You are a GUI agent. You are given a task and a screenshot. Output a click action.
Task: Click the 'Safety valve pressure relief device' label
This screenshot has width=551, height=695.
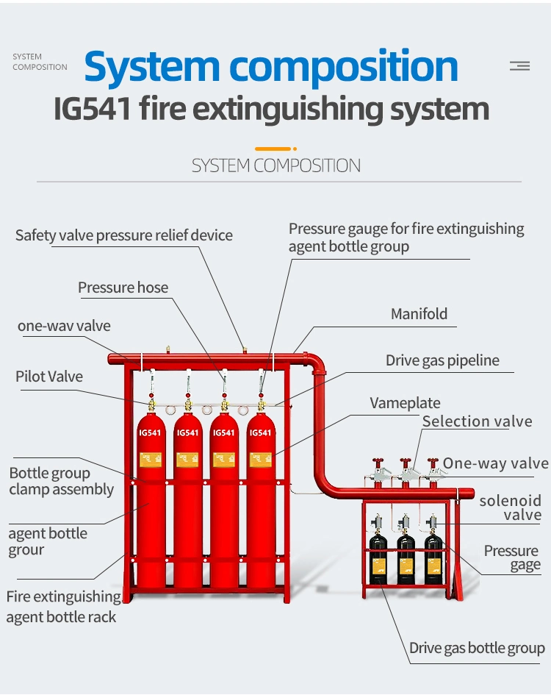[124, 235]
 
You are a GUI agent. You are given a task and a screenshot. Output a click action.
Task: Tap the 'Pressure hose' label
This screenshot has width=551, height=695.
[123, 288]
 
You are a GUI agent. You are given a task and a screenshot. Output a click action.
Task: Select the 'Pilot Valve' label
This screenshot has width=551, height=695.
[49, 377]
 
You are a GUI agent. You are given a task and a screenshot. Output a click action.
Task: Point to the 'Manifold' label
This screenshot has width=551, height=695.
[419, 314]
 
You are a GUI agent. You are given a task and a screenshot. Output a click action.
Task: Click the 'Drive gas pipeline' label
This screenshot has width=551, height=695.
[442, 360]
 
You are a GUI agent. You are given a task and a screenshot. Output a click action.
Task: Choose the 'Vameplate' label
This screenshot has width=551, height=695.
[405, 403]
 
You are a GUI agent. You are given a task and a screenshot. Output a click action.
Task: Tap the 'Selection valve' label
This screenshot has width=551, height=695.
[477, 421]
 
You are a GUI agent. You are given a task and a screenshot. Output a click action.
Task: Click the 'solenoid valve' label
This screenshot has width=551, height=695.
[510, 507]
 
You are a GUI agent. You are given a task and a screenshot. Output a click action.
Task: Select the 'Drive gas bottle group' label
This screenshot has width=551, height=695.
[477, 648]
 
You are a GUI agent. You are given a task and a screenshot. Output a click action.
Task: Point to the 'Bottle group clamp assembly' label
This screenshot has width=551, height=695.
[61, 482]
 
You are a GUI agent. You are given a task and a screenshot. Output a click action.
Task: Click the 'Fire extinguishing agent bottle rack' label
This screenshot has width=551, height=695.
[62, 607]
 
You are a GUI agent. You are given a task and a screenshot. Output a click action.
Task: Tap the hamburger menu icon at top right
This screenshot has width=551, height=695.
[519, 66]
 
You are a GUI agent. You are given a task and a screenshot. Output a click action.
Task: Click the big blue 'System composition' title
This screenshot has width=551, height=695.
[271, 66]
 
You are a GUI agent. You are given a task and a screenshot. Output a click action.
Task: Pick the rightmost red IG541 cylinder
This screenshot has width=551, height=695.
[260, 500]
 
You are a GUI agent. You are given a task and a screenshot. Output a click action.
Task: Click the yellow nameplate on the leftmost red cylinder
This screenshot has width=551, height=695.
[150, 460]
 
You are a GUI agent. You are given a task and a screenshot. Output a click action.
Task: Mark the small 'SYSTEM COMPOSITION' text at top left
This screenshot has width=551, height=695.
[40, 62]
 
